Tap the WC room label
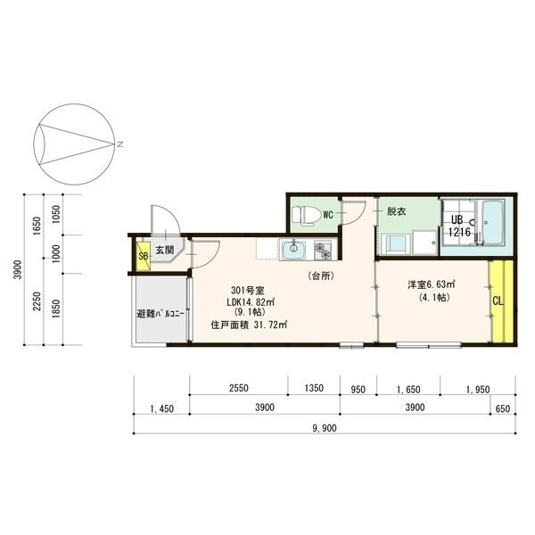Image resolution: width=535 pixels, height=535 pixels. tap(328, 215)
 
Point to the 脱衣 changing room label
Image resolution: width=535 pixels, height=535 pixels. tap(395, 212)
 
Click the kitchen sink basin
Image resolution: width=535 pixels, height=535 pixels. tap(293, 251)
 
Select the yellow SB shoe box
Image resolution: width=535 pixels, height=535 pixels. tap(142, 257)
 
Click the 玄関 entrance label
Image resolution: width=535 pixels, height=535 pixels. tap(165, 251)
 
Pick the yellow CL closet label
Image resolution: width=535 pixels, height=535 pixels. tap(498, 300)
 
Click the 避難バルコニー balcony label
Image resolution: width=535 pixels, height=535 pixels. tap(160, 314)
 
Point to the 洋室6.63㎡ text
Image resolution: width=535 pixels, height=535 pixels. tap(432, 284)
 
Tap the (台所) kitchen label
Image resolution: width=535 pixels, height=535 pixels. tap(321, 276)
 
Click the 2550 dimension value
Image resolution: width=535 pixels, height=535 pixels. tap(238, 389)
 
